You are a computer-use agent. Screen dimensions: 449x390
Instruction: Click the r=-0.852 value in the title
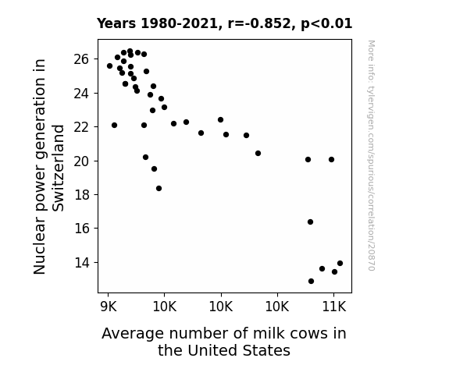click(259, 23)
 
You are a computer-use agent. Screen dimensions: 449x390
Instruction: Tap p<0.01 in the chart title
click(326, 24)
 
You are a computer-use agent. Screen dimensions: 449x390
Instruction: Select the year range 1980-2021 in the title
click(180, 23)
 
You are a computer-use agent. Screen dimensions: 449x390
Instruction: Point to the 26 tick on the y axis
click(81, 59)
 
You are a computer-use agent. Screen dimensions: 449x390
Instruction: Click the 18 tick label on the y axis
click(82, 195)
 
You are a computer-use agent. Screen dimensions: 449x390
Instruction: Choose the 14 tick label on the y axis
click(82, 262)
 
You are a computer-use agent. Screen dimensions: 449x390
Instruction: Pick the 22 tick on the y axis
click(81, 127)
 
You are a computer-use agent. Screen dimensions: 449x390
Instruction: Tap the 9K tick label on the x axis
click(109, 307)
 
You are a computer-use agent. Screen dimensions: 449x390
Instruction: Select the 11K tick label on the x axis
click(334, 307)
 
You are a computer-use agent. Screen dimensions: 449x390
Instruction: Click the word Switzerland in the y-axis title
click(58, 168)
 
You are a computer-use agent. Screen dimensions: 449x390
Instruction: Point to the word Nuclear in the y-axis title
click(39, 245)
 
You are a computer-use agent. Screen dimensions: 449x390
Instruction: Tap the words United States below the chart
click(239, 350)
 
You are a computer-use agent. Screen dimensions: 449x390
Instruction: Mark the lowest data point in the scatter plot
click(311, 282)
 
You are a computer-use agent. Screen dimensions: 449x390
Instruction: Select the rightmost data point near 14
click(340, 263)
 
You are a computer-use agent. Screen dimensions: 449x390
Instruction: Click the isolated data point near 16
click(310, 222)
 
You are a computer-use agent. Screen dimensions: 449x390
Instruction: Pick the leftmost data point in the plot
click(109, 66)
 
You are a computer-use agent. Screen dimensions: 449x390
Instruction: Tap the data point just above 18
click(159, 188)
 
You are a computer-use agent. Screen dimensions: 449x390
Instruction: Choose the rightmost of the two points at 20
click(331, 159)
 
